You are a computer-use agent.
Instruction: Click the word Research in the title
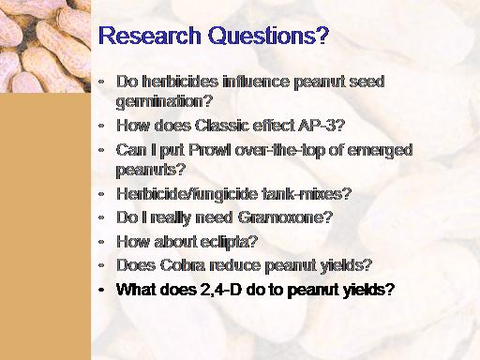click(149, 35)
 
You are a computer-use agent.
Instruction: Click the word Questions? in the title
click(269, 35)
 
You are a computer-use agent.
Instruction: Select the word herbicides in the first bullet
click(180, 82)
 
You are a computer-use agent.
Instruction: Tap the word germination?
click(164, 101)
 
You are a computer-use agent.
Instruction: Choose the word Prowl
click(210, 150)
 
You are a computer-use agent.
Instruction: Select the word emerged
click(380, 151)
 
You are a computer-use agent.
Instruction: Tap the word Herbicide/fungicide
click(187, 194)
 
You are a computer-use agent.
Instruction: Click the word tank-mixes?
click(307, 194)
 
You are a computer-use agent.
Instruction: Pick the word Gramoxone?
click(285, 217)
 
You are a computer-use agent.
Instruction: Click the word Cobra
click(183, 265)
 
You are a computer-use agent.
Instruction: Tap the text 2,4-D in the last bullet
click(219, 290)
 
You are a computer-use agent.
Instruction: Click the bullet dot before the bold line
click(101, 291)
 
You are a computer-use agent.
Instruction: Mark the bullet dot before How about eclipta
click(101, 242)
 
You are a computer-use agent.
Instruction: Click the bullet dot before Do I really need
click(101, 217)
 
